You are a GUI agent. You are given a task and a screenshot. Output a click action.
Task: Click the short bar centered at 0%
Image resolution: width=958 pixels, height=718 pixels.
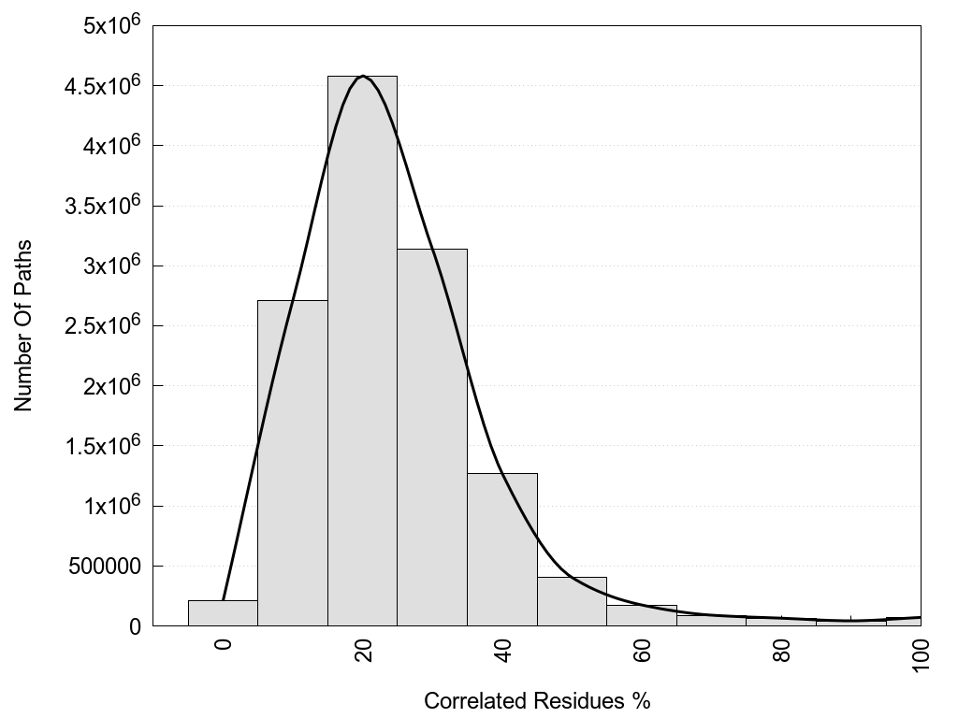[223, 613]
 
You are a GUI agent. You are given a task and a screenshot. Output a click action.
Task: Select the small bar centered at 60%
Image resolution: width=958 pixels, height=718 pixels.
[641, 616]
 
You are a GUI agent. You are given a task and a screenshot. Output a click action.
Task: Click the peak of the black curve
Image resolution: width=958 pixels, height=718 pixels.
[363, 77]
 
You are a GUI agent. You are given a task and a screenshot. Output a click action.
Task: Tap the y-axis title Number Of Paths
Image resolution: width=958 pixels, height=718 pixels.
[24, 325]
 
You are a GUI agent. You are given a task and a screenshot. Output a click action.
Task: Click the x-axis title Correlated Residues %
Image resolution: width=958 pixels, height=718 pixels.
[537, 700]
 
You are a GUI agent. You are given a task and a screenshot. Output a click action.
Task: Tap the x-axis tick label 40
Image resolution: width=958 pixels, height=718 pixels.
[502, 651]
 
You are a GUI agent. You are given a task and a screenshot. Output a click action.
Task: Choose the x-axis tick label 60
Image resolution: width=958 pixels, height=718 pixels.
[642, 651]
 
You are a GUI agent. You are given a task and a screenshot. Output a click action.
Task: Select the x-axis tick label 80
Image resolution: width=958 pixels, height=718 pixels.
[781, 651]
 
